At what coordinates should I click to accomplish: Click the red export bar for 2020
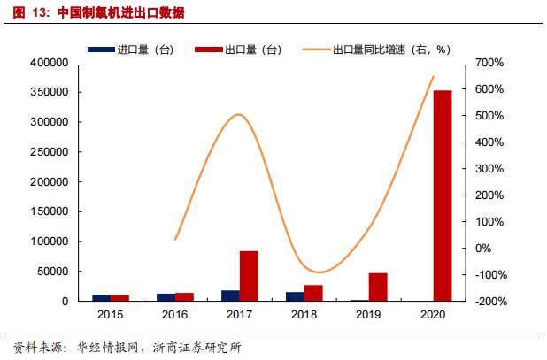(443, 195)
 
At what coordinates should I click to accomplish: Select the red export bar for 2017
(249, 276)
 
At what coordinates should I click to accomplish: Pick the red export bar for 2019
(378, 287)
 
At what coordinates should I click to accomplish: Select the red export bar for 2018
(313, 293)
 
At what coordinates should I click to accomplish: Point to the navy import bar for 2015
(101, 297)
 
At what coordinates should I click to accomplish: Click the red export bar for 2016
(184, 297)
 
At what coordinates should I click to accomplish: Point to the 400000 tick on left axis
(50, 63)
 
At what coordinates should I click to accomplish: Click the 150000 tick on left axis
(50, 211)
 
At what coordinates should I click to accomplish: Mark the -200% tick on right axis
(488, 302)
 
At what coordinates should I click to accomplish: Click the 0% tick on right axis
(493, 249)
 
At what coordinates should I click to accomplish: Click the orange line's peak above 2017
(239, 114)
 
